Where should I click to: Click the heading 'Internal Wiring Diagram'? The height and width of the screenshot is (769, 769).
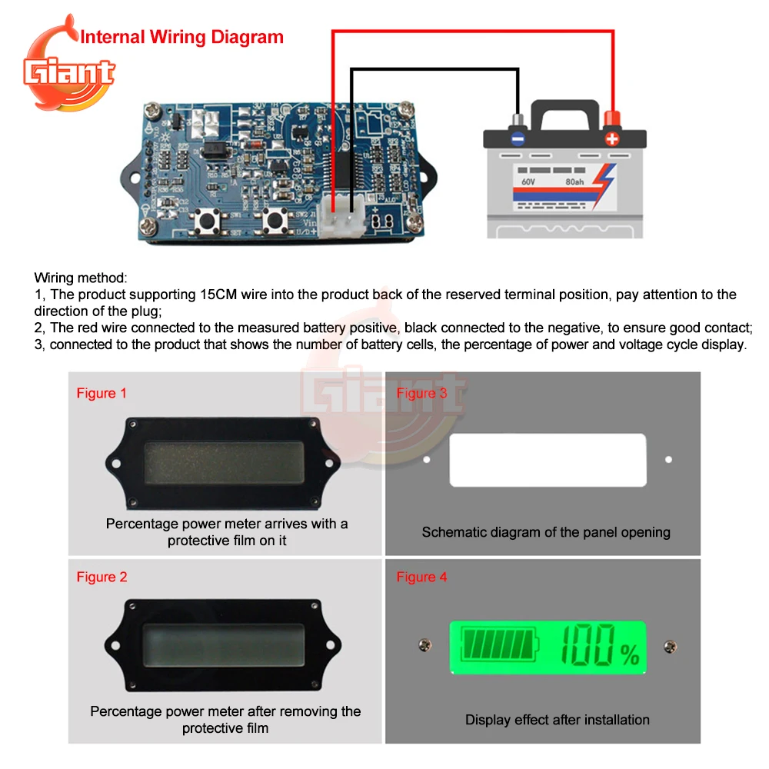tap(182, 37)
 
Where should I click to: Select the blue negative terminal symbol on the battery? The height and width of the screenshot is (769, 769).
tap(518, 139)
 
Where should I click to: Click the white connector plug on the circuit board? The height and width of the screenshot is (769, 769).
tap(343, 223)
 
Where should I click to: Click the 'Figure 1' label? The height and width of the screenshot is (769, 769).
tap(102, 394)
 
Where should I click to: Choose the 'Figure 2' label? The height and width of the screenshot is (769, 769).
tap(102, 578)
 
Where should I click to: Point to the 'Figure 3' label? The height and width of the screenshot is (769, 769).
tap(421, 394)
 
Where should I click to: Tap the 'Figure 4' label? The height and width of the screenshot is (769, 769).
tap(421, 578)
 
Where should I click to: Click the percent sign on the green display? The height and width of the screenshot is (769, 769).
tap(629, 655)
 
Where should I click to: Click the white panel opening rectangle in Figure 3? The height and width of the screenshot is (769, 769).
tap(548, 460)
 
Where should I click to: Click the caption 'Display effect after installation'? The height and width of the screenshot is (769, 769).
tap(557, 721)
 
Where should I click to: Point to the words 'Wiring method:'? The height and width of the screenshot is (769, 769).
tap(82, 278)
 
